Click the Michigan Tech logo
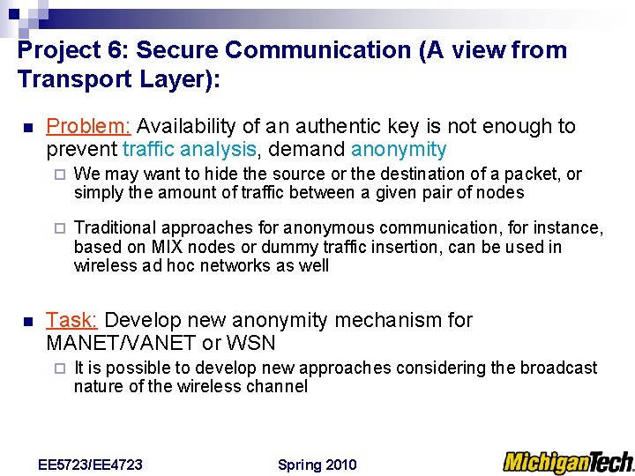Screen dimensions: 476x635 point(568,462)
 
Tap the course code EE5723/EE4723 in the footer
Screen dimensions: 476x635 point(91,465)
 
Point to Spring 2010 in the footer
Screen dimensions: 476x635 point(317,465)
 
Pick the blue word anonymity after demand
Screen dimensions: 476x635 point(399,150)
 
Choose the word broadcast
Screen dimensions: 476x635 point(558,368)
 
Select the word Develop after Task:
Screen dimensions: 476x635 point(138,320)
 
